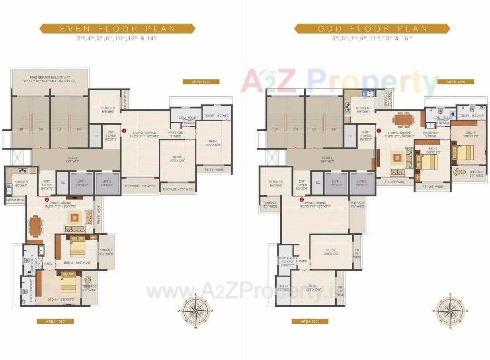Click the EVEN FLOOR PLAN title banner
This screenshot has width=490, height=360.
117,29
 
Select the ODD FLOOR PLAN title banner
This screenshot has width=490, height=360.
372,29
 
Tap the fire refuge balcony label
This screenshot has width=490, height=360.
50,79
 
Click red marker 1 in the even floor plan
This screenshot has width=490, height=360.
124,130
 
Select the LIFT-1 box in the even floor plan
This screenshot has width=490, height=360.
82,183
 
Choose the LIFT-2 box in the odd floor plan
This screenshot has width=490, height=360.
362,183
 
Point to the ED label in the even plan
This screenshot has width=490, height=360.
62,183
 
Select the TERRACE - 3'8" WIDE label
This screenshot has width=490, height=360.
178,189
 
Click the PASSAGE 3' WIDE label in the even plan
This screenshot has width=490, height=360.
176,134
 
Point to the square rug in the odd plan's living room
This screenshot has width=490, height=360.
397,158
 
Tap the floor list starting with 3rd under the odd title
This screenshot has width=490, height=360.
372,39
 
